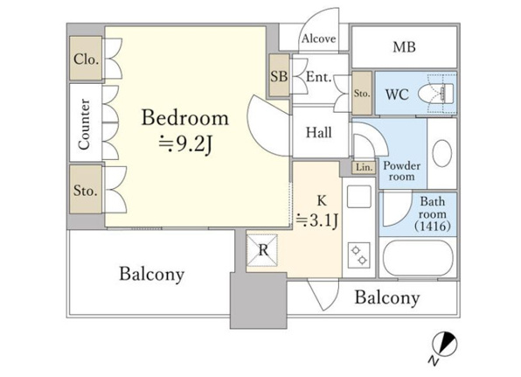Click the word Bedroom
point(185,118)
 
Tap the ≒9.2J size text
point(185,144)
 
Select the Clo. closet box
point(86,59)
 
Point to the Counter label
point(84,123)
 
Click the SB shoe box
point(279,75)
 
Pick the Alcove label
point(319,38)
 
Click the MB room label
point(404,47)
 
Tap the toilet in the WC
point(436,94)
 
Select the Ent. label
point(319,77)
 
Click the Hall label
point(319,133)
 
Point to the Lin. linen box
point(364,167)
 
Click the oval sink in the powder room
point(441,153)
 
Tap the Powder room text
point(402,171)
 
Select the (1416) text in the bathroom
point(433,227)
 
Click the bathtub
point(418,258)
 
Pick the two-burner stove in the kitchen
point(359,255)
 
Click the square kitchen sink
point(359,197)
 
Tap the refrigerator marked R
point(262,250)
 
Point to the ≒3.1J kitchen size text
point(317,220)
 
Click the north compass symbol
point(444,344)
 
